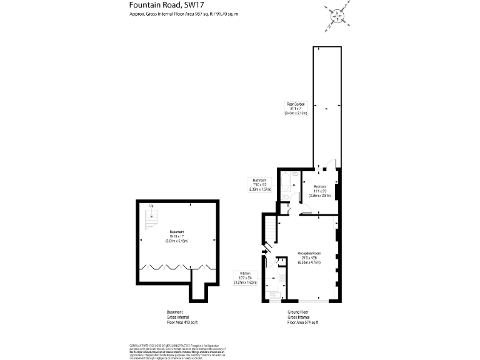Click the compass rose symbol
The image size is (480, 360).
click(337, 16)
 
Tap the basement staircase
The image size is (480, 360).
click(151, 220)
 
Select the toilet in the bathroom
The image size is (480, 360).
click(285, 197)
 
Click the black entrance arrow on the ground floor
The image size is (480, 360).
click(265, 252)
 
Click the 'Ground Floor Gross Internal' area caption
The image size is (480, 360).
click(302, 317)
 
